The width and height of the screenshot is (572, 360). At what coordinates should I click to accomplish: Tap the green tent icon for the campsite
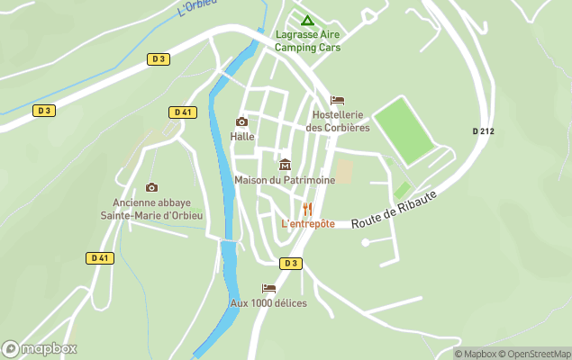click(x=307, y=21)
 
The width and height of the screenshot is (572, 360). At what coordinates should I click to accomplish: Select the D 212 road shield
click(x=483, y=131)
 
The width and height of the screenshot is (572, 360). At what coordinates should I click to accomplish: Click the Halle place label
click(x=241, y=137)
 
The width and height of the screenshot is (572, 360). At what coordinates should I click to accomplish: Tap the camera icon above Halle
click(x=241, y=122)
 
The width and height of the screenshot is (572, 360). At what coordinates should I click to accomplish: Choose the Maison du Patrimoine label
click(x=285, y=180)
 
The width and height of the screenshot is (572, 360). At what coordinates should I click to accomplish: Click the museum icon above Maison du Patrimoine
click(x=285, y=165)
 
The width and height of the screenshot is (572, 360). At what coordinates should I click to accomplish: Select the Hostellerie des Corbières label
click(x=338, y=121)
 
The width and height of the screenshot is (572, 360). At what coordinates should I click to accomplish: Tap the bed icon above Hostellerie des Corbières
click(x=338, y=100)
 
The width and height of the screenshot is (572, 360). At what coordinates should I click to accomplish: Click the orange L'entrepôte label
click(x=308, y=223)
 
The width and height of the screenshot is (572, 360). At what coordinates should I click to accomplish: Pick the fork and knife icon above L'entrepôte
click(x=308, y=209)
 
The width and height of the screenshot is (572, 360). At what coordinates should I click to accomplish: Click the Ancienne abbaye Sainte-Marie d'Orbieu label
click(x=151, y=209)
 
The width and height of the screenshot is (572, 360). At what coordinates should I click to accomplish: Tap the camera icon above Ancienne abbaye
click(x=151, y=187)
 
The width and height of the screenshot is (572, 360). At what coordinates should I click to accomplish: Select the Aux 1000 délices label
click(x=268, y=303)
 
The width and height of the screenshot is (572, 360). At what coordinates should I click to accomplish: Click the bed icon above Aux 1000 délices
click(x=268, y=289)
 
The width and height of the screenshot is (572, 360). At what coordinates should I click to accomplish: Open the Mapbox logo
click(x=40, y=348)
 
